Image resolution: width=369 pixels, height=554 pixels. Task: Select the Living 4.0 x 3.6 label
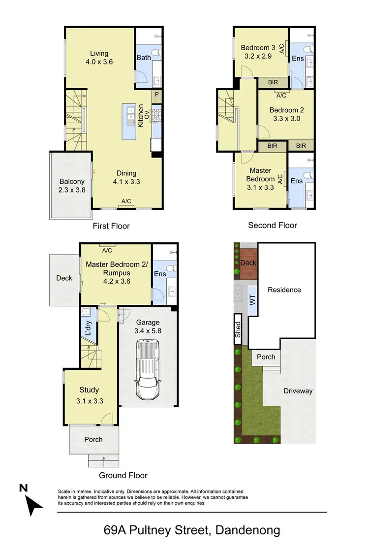99,58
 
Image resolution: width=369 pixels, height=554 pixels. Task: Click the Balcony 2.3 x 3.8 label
72,185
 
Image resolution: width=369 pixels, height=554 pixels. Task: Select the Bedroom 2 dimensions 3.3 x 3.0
284,119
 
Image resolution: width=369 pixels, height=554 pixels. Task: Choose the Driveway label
298,391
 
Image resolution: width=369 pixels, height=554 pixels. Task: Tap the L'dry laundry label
88,328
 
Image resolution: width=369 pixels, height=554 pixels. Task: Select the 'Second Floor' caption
272,225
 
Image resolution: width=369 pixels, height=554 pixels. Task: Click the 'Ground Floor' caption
123,475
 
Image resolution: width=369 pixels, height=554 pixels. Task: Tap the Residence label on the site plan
284,290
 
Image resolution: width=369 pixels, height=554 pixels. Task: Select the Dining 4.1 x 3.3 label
126,177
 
